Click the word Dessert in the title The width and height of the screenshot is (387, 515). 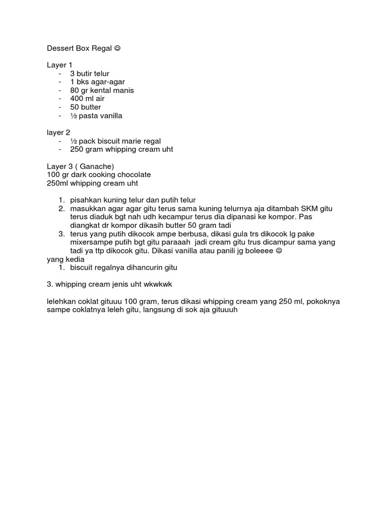[60, 49]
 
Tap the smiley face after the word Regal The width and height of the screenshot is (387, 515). [117, 49]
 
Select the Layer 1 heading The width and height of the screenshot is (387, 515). [59, 65]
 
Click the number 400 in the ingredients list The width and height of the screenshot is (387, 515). [77, 99]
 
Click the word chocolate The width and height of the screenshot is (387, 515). [135, 175]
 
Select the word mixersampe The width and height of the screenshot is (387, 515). [89, 242]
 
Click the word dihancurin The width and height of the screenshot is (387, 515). [142, 268]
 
